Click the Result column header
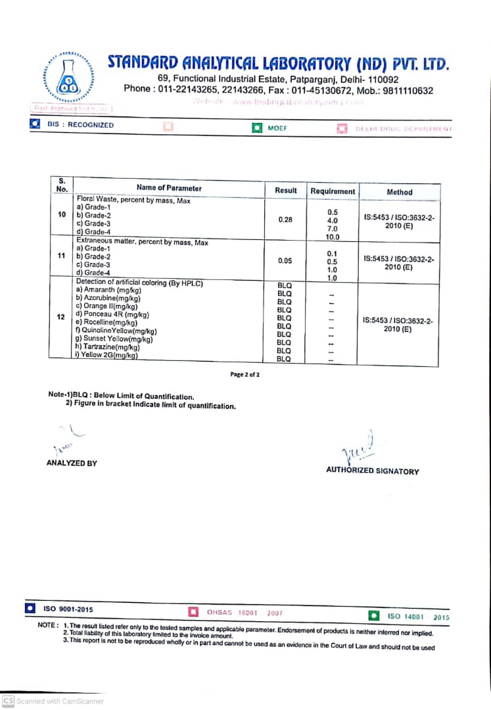(286, 190)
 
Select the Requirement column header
(333, 191)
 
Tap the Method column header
(399, 192)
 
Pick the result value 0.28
(285, 220)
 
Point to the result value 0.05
(285, 261)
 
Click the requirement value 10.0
(333, 237)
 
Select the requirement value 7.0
(333, 228)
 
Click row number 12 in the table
(60, 317)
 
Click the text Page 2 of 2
(245, 375)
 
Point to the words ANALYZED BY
(72, 463)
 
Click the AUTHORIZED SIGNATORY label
(372, 471)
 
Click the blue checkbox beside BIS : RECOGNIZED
(35, 124)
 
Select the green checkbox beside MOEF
(258, 128)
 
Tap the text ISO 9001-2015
(68, 609)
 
